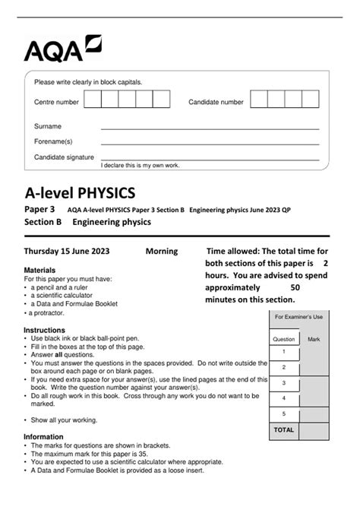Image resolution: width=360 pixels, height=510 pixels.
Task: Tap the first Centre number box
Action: (x=93, y=100)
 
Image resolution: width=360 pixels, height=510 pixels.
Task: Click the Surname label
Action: (x=48, y=126)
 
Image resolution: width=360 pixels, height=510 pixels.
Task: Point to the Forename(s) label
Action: (x=53, y=141)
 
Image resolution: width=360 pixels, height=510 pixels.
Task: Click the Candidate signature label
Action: (x=65, y=157)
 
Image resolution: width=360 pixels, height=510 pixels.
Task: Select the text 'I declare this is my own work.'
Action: (x=138, y=164)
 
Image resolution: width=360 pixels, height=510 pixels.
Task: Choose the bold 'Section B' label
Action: (x=43, y=222)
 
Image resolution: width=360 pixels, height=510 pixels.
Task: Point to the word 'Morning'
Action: (x=161, y=251)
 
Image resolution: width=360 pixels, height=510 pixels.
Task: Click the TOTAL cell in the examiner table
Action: (x=283, y=429)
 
